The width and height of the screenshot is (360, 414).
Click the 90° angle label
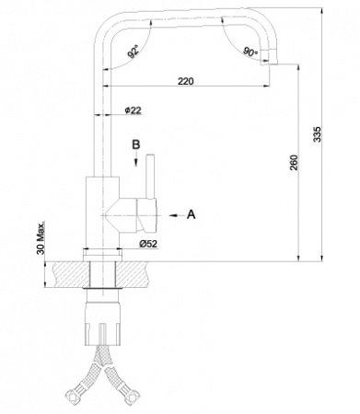point(250,52)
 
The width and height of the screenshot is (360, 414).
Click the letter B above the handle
point(134,145)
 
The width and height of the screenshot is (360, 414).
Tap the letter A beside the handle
point(191,214)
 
